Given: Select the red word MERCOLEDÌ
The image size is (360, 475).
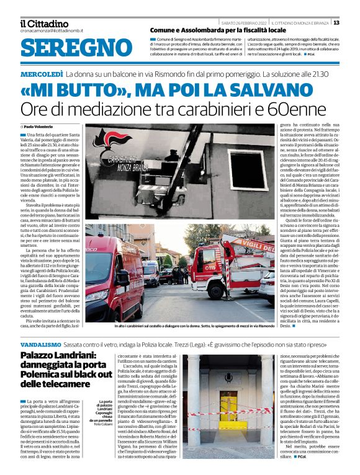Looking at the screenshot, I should (40, 74).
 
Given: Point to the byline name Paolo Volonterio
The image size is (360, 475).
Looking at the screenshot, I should (42, 126).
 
